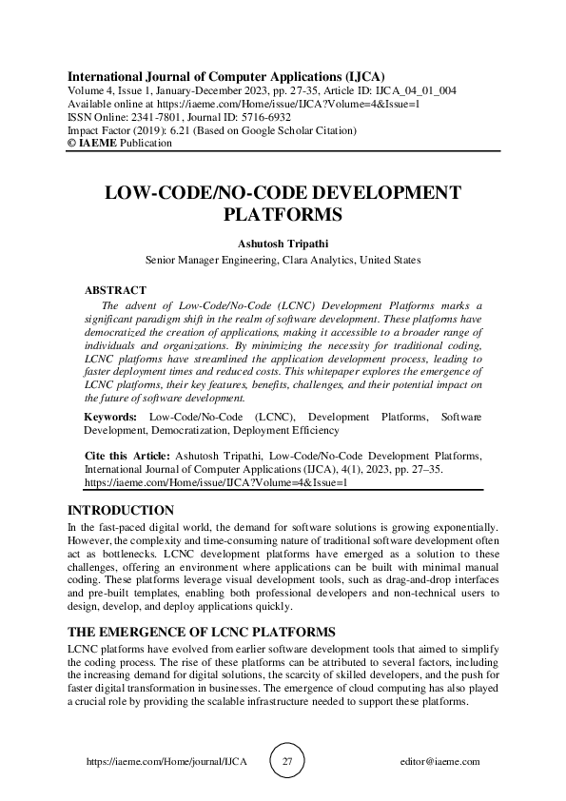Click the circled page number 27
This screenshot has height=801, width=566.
point(287,761)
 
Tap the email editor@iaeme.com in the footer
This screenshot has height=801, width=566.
point(441,762)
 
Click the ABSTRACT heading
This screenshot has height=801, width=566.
point(115,289)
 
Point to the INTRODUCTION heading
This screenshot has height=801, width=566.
point(120,510)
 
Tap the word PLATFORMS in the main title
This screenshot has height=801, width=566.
point(283,213)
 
